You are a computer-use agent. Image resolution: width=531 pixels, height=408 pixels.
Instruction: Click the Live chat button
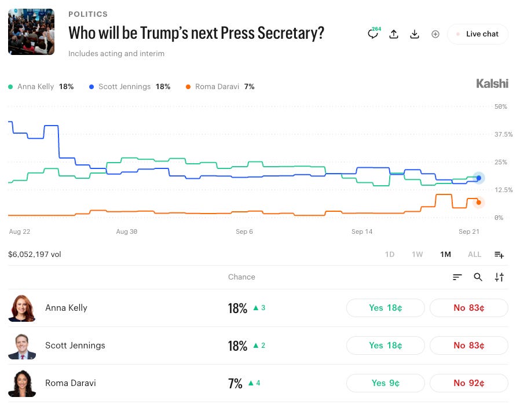[478, 34]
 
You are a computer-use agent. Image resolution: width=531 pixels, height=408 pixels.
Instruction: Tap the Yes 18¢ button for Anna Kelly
[386, 308]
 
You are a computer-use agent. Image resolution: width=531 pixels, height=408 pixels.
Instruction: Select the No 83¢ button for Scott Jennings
[468, 345]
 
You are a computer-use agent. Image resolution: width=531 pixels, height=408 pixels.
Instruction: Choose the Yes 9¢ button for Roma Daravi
[386, 383]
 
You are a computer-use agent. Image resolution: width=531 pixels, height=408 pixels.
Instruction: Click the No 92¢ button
[468, 383]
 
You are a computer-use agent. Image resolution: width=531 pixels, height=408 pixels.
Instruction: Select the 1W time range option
[417, 254]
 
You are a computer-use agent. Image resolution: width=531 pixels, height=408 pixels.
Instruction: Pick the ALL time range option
[474, 254]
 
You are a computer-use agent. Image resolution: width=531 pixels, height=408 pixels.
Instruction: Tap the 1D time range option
[390, 254]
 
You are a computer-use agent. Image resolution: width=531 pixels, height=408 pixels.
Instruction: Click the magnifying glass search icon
[478, 277]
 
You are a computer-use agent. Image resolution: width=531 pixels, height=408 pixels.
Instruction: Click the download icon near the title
[415, 34]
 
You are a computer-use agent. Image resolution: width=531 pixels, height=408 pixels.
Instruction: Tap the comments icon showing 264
[373, 34]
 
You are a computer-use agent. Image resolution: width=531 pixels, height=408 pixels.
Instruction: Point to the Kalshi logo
[492, 84]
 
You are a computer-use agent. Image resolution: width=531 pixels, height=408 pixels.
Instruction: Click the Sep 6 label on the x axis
[244, 231]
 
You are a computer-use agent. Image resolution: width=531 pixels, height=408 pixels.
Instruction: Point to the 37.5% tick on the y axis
[503, 134]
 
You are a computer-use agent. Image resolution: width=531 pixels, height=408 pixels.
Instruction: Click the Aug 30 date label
[127, 231]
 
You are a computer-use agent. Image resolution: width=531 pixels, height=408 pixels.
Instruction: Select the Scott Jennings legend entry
[130, 87]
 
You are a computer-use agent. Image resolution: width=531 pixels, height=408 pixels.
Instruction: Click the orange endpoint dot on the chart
[478, 203]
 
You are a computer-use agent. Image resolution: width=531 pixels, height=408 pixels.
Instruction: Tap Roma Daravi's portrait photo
[22, 383]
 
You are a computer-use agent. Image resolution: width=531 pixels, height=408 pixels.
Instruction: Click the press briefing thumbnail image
[31, 32]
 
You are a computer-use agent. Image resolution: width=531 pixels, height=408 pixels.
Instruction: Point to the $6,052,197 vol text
[35, 254]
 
